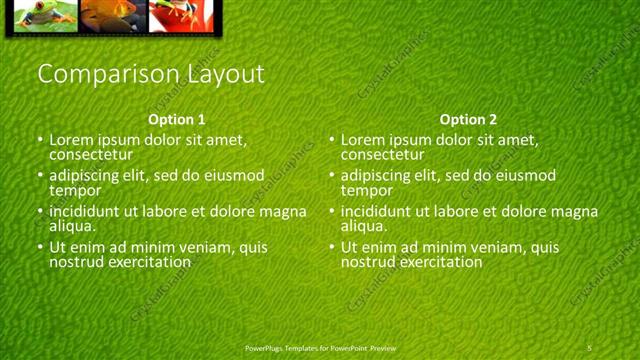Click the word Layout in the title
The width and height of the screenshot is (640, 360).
227,74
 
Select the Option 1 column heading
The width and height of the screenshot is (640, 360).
176,118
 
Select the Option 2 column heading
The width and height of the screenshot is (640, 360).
468,118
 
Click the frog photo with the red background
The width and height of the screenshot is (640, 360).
176,14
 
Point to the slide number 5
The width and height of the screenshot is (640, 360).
590,347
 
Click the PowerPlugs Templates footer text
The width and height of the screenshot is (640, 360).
320,347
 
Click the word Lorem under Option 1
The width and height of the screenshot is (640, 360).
71,140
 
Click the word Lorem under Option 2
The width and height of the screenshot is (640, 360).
363,140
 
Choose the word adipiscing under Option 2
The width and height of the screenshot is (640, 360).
380,176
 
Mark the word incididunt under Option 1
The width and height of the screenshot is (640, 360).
88,212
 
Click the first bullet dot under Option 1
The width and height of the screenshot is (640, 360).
40,141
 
